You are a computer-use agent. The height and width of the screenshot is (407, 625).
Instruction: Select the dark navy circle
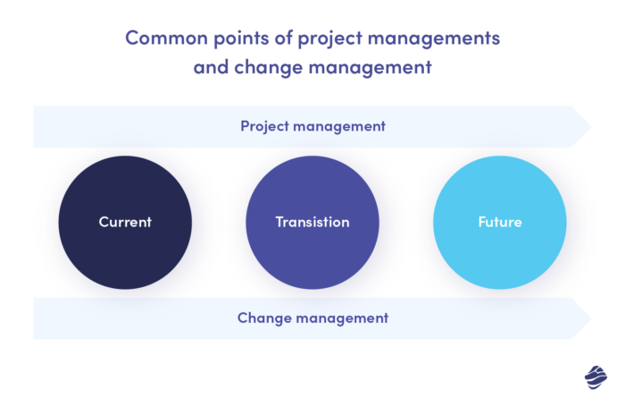point(125,222)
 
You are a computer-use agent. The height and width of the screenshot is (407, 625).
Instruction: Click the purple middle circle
point(312,222)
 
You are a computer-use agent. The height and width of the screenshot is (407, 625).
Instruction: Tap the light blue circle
point(499,222)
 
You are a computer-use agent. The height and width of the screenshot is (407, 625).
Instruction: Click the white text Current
point(125,222)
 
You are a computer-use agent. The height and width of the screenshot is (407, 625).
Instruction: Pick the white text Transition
point(312,222)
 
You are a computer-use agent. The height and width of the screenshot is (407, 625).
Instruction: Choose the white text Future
point(499,222)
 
